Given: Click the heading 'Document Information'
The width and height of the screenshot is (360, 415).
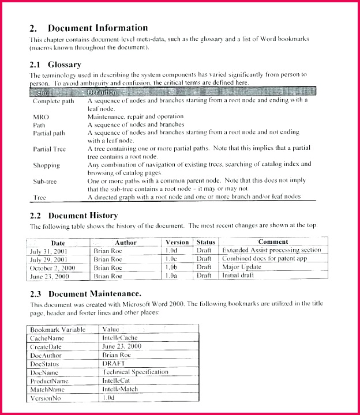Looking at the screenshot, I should pos(97,28).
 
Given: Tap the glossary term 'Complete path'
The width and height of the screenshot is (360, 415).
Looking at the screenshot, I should pos(54,101).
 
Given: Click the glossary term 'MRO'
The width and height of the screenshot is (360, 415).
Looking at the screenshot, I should pos(41,117).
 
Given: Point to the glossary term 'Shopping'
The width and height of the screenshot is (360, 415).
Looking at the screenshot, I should pos(47,165).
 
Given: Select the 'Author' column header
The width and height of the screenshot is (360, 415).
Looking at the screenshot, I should pos(125,243).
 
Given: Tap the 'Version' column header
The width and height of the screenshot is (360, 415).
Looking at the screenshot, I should pos(177,243).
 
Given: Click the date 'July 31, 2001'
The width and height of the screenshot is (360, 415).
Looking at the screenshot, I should pos(49,251).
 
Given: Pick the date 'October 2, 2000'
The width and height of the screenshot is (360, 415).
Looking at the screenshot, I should pos(52,267).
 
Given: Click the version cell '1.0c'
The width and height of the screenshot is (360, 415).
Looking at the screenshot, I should pos(171,259).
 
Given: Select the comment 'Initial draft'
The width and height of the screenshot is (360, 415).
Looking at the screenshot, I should pos(238,276).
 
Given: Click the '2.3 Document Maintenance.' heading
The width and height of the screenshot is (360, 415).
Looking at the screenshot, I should pos(85,294).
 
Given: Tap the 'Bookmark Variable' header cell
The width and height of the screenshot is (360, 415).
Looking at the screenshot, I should pos(58,329).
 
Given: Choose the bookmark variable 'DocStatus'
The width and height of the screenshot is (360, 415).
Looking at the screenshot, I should pos(45,364).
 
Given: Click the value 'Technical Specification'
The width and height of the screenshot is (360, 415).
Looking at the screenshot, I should pos(135,372).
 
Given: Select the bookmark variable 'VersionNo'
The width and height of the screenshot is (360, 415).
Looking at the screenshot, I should pos(46,398).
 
